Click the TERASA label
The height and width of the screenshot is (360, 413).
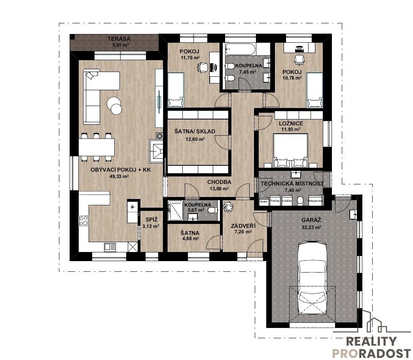(119, 39)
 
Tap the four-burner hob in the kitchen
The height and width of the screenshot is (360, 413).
(84, 221)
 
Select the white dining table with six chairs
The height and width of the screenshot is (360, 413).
(97, 147)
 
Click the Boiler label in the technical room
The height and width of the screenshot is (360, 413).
(264, 201)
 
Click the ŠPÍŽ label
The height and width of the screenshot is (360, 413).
(152, 219)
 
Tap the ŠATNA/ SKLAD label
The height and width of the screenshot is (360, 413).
(195, 131)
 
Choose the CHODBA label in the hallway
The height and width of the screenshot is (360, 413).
(219, 182)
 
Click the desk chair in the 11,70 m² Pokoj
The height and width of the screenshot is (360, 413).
(203, 67)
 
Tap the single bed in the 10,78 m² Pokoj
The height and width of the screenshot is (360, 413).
(315, 90)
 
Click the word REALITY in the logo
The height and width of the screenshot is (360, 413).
(371, 341)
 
